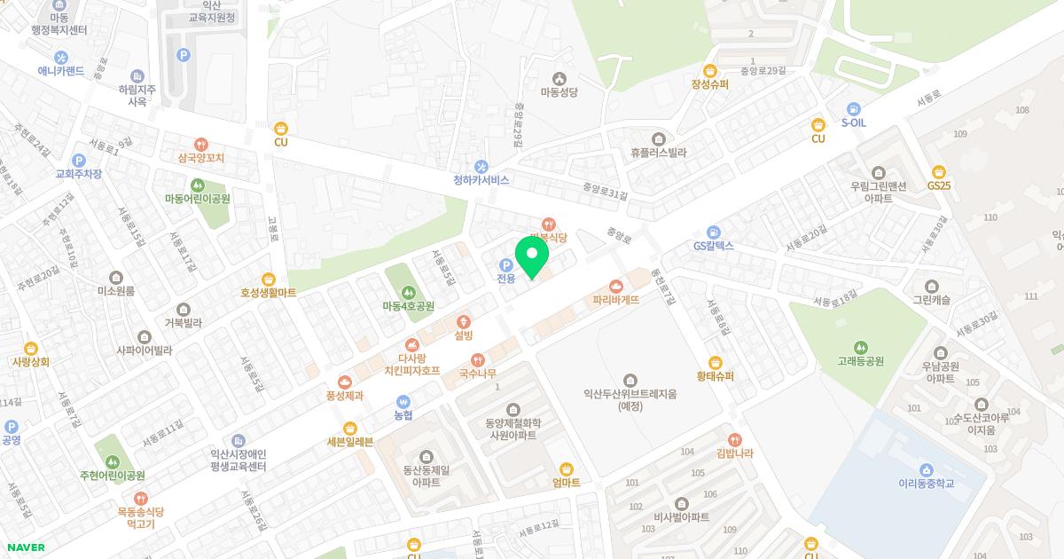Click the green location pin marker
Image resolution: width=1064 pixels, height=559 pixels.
pyautogui.click(x=532, y=257)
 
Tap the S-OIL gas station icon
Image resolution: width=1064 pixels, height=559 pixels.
pyautogui.click(x=853, y=107)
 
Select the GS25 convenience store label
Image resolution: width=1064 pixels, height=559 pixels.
pyautogui.click(x=939, y=185)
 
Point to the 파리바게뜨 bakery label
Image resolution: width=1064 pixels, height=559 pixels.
pyautogui.click(x=616, y=300)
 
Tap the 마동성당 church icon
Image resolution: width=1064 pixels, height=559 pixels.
pyautogui.click(x=559, y=76)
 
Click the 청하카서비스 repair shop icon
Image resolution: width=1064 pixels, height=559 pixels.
pyautogui.click(x=481, y=165)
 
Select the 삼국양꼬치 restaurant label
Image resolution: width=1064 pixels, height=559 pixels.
pyautogui.click(x=201, y=157)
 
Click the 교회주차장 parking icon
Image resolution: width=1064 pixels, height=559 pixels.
pyautogui.click(x=78, y=160)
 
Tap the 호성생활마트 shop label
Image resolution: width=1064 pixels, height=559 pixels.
pyautogui.click(x=268, y=292)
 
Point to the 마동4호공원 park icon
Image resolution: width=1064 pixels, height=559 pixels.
pyautogui.click(x=408, y=291)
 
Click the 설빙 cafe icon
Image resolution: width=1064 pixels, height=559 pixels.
pyautogui.click(x=463, y=321)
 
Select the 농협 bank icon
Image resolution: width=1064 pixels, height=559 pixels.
pyautogui.click(x=403, y=400)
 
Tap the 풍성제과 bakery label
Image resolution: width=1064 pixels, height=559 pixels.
pyautogui.click(x=344, y=396)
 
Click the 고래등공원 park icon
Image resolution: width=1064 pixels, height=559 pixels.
pyautogui.click(x=860, y=347)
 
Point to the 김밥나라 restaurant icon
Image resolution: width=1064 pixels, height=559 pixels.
pyautogui.click(x=734, y=439)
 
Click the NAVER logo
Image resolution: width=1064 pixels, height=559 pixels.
pyautogui.click(x=25, y=547)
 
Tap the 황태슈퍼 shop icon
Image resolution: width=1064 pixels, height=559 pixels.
pyautogui.click(x=715, y=362)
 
